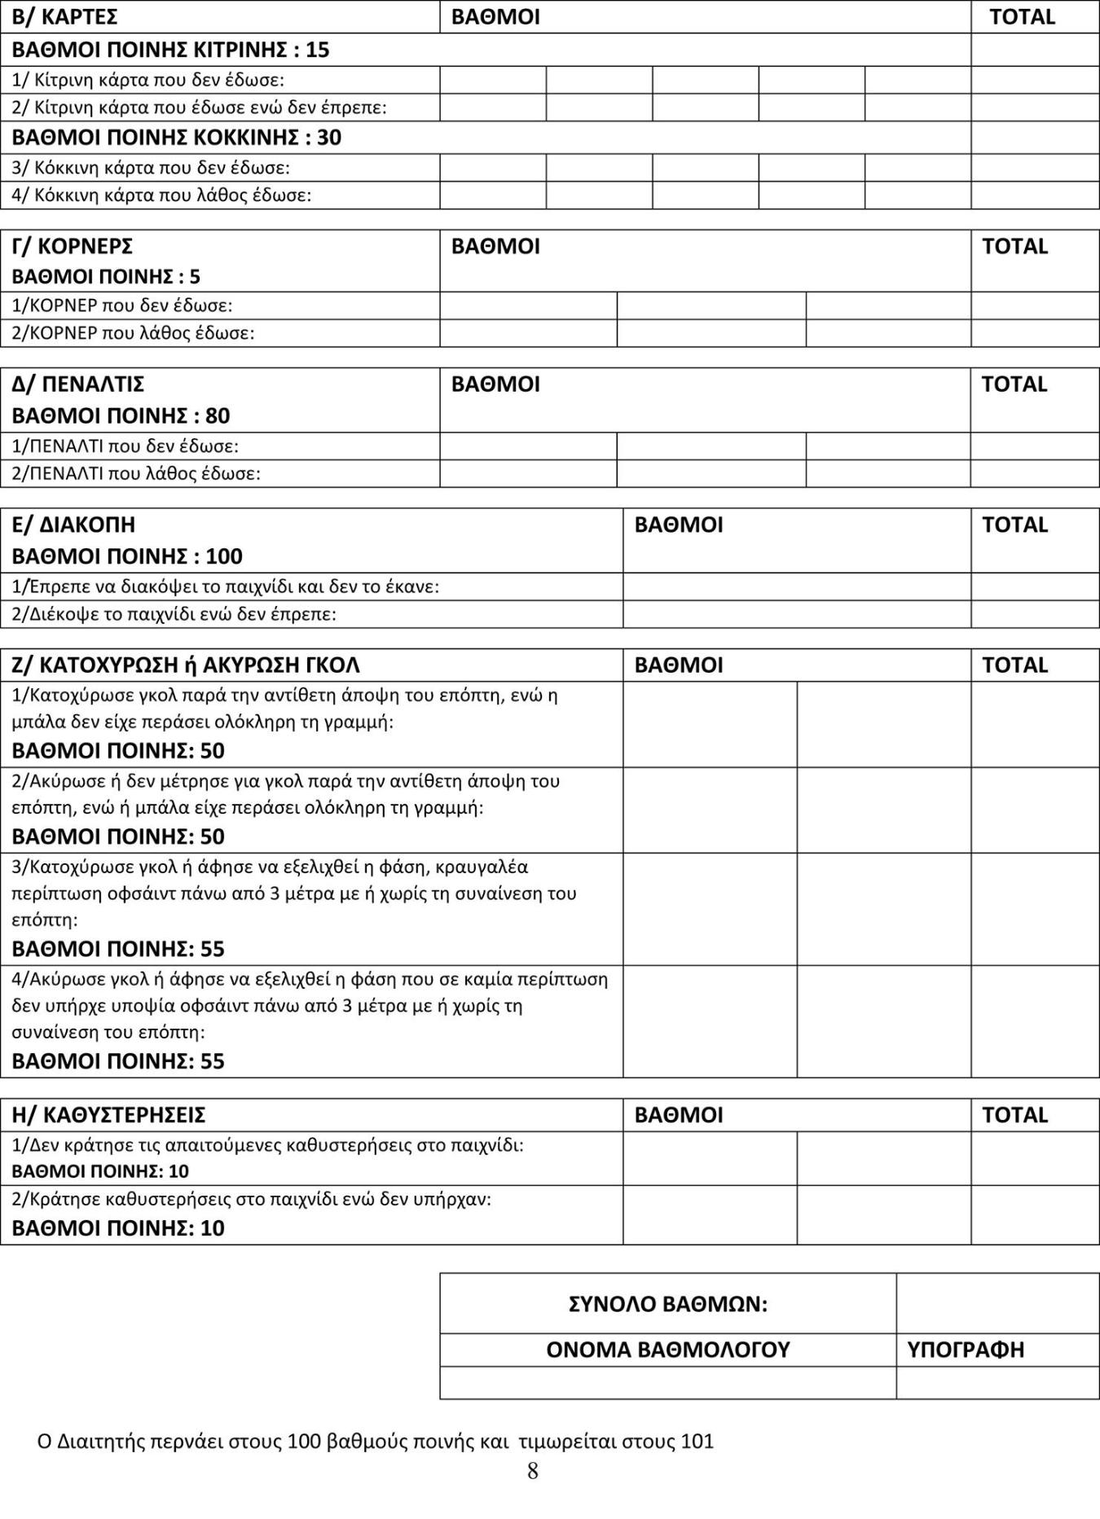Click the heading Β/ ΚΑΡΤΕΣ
pos(65,17)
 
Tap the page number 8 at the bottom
pos(533,1471)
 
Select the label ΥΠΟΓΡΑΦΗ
pos(966,1350)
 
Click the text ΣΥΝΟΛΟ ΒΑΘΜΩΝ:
pos(667,1304)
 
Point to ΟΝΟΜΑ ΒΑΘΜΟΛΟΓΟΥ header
pos(667,1350)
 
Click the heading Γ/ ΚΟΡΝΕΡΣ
pos(73,246)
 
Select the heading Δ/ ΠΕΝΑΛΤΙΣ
pos(78,384)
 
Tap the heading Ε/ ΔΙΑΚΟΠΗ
pos(73,525)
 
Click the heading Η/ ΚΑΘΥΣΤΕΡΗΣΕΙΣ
pos(108,1114)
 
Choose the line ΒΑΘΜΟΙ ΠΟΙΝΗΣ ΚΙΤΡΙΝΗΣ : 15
pos(170,50)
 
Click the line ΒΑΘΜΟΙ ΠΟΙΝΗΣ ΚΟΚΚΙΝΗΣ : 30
pos(177,137)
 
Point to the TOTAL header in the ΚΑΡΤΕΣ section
pos(1022,17)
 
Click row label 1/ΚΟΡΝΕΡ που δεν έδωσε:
pos(122,305)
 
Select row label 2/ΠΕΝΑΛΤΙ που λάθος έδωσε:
pos(136,473)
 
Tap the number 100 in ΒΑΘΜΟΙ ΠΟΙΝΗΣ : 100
pos(224,556)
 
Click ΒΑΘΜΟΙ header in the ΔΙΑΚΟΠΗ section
pos(679,525)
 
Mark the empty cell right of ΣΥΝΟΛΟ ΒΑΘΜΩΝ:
pos(997,1304)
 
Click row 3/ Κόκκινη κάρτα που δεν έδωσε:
pos(151,168)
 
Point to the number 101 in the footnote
pos(697,1441)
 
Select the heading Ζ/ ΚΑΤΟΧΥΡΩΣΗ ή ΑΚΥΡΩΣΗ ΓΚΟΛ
pos(186,665)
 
